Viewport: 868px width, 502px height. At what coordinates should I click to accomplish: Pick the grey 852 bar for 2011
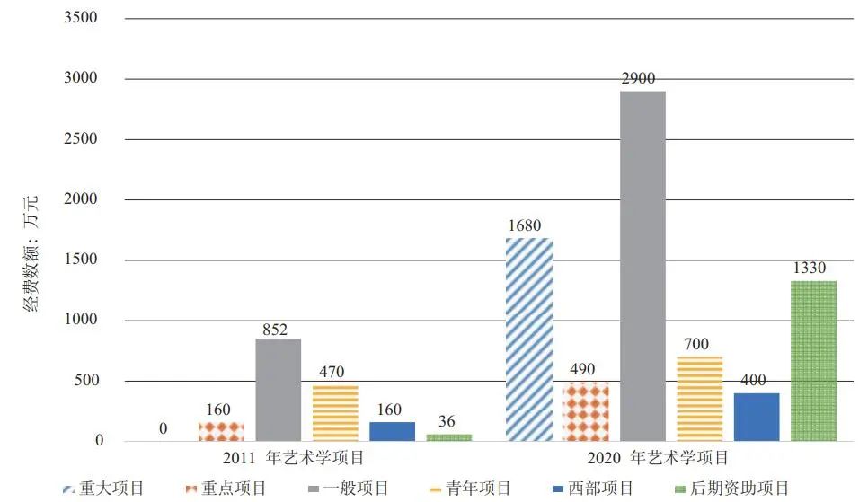coord(278,390)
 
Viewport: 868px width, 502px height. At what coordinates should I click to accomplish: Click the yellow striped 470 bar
coord(335,413)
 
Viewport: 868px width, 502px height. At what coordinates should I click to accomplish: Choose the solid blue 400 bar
coord(757,417)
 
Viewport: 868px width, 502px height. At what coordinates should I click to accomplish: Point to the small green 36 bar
coord(449,437)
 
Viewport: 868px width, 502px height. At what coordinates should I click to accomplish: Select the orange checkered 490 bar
coord(586,411)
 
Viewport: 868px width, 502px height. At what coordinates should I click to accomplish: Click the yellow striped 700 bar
coord(699,399)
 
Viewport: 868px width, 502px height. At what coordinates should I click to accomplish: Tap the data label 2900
coord(642,79)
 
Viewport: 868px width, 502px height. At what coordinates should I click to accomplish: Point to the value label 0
coord(163,429)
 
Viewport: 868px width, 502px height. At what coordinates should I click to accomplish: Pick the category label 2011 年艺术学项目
coord(293,458)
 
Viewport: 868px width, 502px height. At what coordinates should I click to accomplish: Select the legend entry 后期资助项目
coord(742,489)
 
